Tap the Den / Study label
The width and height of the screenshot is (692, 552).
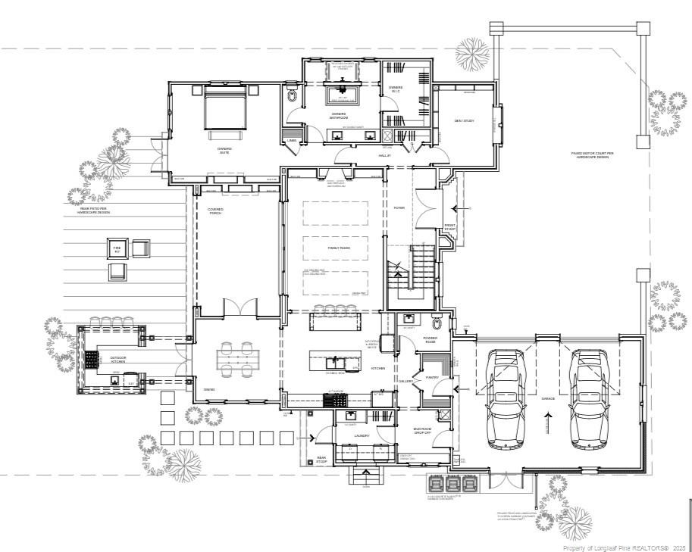[x=463, y=120]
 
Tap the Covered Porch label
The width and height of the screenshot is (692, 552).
[x=215, y=211]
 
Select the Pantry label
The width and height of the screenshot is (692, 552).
[x=433, y=376]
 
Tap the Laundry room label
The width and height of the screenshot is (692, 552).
[x=362, y=436]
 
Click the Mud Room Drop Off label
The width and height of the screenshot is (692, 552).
[x=423, y=431]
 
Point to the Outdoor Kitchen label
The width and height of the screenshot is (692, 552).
[x=118, y=360]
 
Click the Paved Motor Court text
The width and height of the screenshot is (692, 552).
[x=592, y=154]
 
